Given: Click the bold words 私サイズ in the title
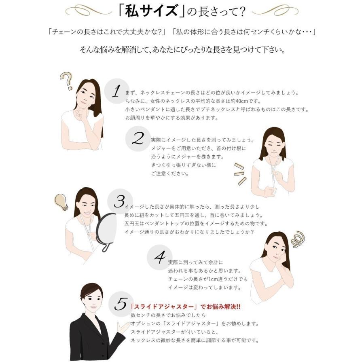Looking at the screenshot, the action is pyautogui.click(x=151, y=11).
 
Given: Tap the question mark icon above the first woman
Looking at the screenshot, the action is pyautogui.click(x=66, y=80).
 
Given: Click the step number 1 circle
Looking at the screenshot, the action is pyautogui.click(x=116, y=91).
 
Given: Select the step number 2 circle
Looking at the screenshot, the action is pyautogui.click(x=138, y=139).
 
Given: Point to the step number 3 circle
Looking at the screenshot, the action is pyautogui.click(x=120, y=201).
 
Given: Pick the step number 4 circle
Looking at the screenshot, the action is pyautogui.click(x=160, y=257).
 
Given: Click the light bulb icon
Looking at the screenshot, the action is pyautogui.click(x=61, y=202).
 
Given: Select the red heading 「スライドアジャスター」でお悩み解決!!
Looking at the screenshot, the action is pyautogui.click(x=185, y=307).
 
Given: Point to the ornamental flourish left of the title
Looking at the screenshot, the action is pyautogui.click(x=89, y=10).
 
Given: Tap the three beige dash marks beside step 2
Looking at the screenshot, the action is pyautogui.click(x=240, y=174).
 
